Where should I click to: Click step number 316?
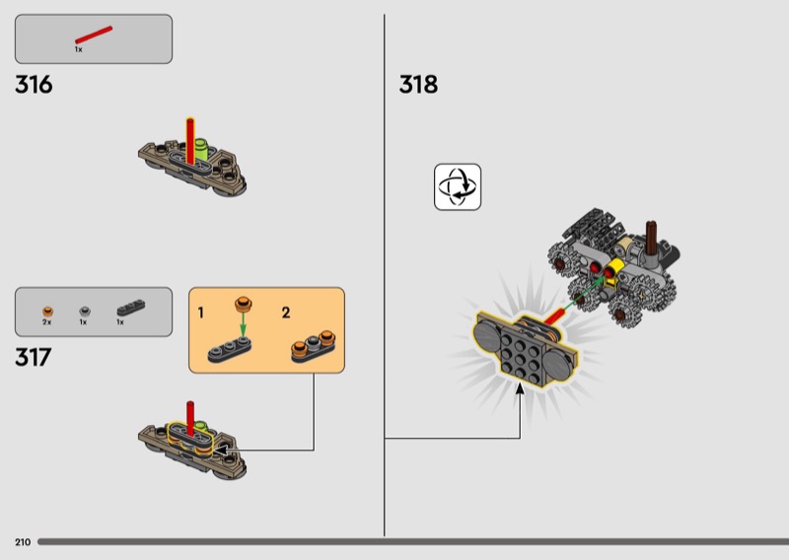click(34, 85)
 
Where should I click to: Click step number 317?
click(34, 357)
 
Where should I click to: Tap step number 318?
click(418, 85)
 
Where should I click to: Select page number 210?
click(23, 542)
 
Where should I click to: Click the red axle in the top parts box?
click(94, 35)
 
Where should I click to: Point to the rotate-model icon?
click(458, 186)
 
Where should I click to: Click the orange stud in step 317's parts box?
click(47, 312)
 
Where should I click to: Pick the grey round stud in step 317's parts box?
click(85, 311)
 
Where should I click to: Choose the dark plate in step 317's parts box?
click(131, 308)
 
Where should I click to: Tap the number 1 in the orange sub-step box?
click(201, 313)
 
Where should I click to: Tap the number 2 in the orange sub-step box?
click(286, 313)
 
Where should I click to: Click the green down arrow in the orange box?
click(243, 324)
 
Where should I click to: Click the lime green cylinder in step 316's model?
click(201, 150)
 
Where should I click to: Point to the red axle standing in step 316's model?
click(190, 141)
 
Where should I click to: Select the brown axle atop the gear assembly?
click(651, 238)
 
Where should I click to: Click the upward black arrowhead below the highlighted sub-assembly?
click(520, 388)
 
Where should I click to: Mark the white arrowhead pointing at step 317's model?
click(221, 450)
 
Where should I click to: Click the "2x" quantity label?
click(46, 322)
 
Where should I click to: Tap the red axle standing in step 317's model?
click(190, 419)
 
